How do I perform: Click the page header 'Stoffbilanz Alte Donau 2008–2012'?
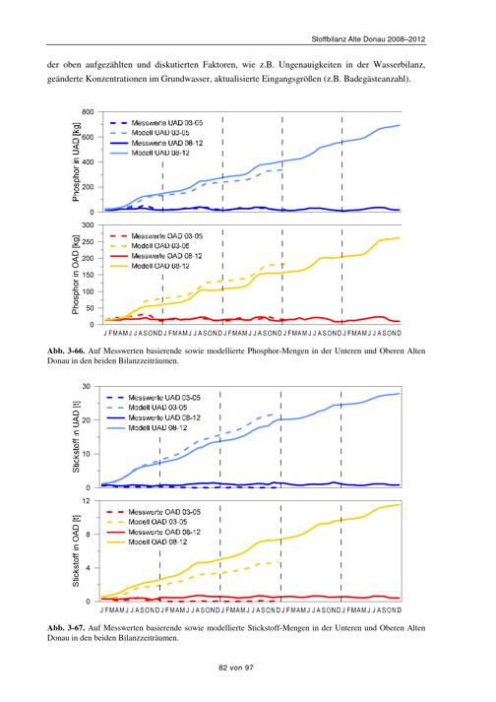tap(368, 39)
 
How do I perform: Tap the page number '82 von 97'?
tap(236, 668)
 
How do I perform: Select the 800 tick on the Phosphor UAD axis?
tap(88, 112)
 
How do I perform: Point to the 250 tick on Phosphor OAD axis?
tap(88, 242)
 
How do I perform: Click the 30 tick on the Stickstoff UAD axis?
tap(87, 386)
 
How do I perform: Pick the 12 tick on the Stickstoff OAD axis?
tap(87, 500)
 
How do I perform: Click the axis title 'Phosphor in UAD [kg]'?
tap(76, 162)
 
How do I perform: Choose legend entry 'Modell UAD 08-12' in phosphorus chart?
tap(160, 154)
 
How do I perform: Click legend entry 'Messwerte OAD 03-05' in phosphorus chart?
tap(167, 236)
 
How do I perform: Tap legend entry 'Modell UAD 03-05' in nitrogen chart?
tap(157, 408)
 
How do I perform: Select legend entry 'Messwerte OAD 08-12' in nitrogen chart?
tap(164, 532)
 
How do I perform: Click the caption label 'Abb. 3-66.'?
tap(66, 351)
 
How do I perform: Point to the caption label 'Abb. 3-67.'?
tap(66, 628)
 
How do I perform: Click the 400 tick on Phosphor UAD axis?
tap(88, 162)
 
